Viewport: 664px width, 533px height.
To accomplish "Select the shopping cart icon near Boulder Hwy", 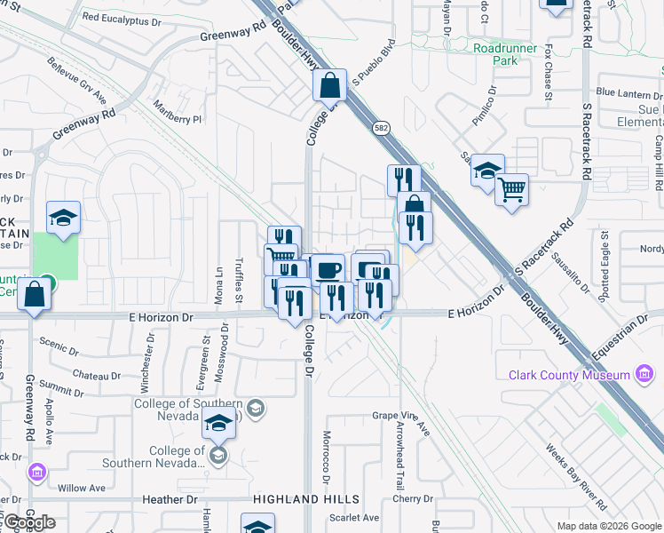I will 511,188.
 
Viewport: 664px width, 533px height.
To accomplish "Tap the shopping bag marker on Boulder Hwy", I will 329,86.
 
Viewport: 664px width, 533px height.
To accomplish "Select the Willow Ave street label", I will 85,488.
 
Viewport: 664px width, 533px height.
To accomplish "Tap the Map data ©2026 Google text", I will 608,526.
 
